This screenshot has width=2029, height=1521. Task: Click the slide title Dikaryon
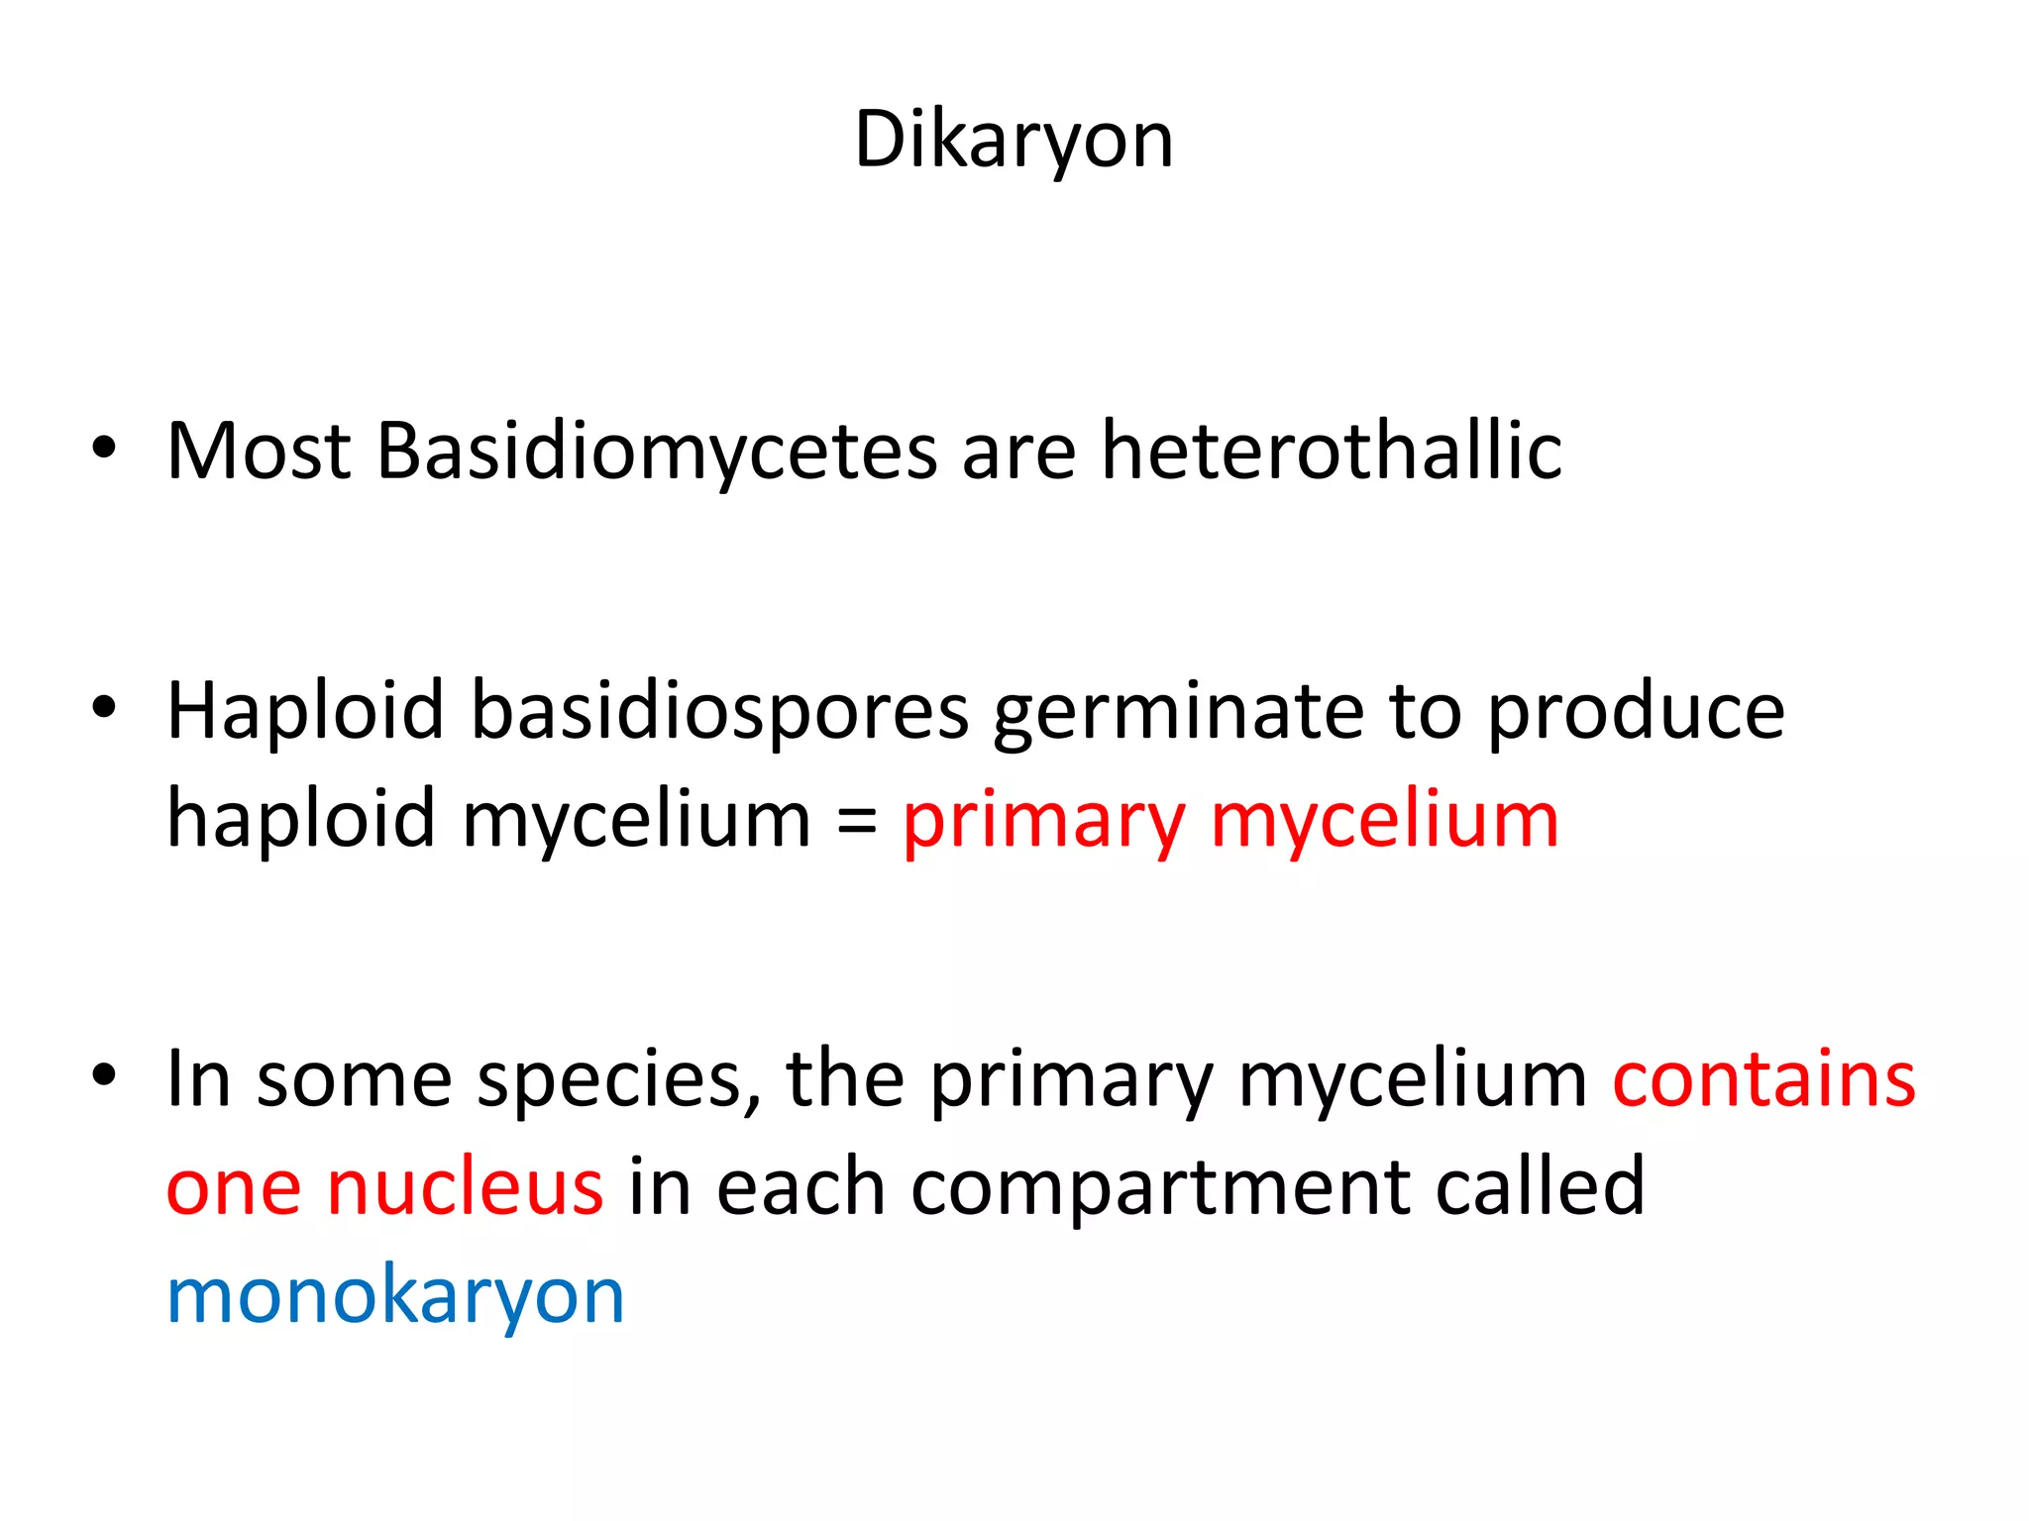[x=1014, y=141]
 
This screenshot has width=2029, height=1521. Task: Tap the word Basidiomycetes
[x=656, y=453]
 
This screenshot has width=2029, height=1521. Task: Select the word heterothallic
[x=1332, y=453]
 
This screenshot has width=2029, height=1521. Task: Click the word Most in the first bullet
[x=259, y=453]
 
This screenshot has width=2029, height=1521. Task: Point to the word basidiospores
[x=719, y=713]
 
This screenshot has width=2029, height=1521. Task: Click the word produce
[x=1636, y=713]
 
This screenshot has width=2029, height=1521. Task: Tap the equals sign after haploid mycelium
[x=856, y=822]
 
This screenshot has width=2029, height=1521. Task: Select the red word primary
[x=1043, y=822]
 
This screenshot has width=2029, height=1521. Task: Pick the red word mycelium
[x=1384, y=822]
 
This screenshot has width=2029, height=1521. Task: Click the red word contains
[x=1763, y=1079]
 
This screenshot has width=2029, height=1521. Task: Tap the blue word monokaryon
[x=395, y=1296]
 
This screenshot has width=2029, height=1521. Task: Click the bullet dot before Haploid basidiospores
[x=104, y=707]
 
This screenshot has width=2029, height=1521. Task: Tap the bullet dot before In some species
[x=104, y=1074]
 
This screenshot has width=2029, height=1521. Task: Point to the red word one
[x=234, y=1187]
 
